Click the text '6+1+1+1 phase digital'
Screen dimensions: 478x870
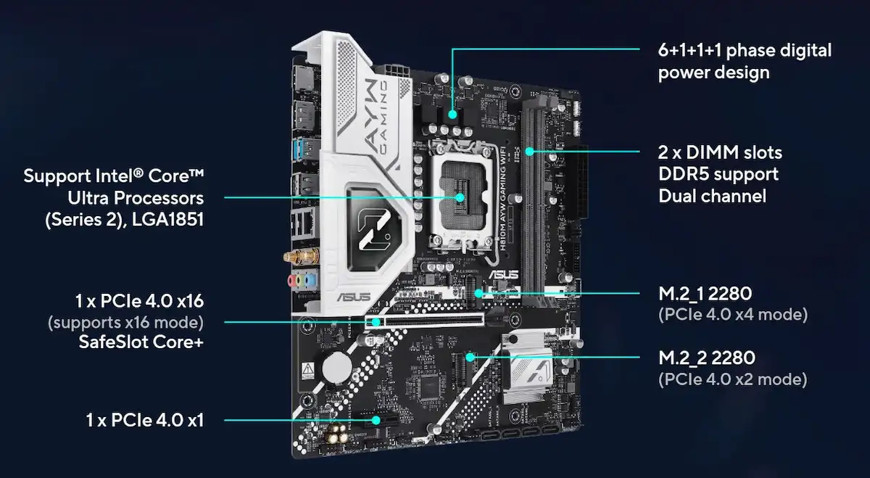coord(745,50)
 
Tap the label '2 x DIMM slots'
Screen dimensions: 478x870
coord(720,152)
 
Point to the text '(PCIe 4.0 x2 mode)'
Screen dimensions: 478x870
coord(732,379)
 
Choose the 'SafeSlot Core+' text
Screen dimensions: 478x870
coord(141,342)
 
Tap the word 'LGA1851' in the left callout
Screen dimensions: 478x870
coord(167,218)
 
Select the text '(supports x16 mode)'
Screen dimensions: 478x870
coord(125,321)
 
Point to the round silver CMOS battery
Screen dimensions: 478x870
coord(336,368)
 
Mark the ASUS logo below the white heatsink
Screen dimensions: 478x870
coord(354,296)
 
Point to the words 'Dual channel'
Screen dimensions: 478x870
coord(712,196)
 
